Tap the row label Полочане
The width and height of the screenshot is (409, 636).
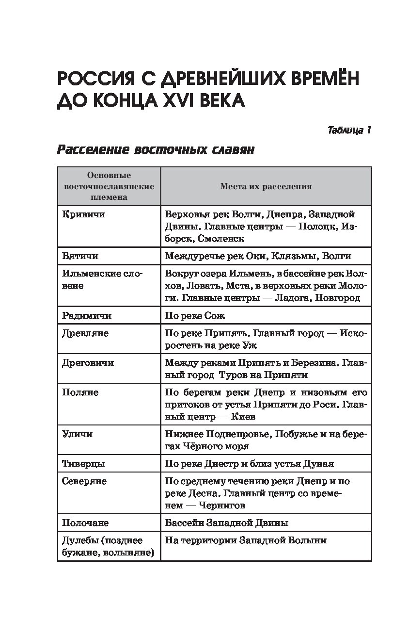(85, 523)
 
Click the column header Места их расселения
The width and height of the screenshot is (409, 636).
(266, 186)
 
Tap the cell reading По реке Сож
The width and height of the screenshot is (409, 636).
(195, 315)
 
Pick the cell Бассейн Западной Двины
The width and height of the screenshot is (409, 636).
(226, 523)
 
